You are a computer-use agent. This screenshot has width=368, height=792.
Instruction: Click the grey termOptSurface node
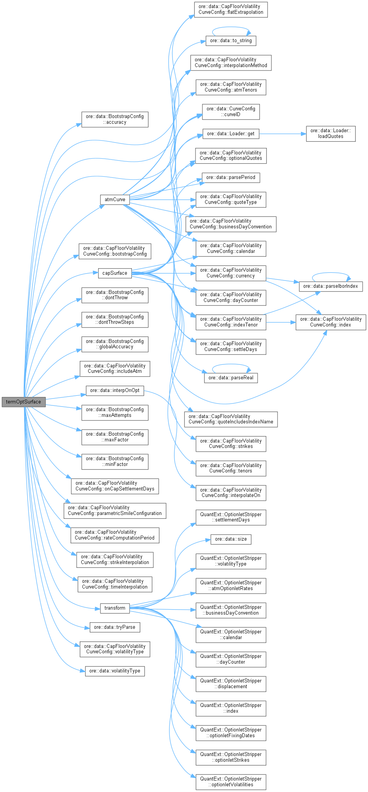pyautogui.click(x=23, y=402)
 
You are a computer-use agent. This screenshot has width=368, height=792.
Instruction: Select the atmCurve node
pyautogui.click(x=115, y=199)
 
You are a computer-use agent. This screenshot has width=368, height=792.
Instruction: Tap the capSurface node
pyautogui.click(x=115, y=273)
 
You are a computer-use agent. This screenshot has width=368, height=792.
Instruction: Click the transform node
pyautogui.click(x=115, y=608)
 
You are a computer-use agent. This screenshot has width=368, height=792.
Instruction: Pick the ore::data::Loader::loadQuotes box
pyautogui.click(x=330, y=133)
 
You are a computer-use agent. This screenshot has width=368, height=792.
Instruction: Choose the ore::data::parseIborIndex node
pyautogui.click(x=330, y=286)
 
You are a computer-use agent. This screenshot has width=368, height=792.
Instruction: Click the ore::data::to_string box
pyautogui.click(x=231, y=41)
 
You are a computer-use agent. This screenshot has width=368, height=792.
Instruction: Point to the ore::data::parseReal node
pyautogui.click(x=231, y=377)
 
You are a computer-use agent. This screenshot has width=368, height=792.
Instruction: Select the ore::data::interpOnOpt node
pyautogui.click(x=115, y=390)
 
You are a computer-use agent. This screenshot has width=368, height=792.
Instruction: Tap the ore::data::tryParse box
pyautogui.click(x=115, y=627)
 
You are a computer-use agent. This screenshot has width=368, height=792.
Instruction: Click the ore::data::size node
pyautogui.click(x=231, y=539)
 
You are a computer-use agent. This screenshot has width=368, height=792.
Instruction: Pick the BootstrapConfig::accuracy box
pyautogui.click(x=115, y=119)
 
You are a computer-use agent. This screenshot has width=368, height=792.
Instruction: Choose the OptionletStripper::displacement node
pyautogui.click(x=231, y=684)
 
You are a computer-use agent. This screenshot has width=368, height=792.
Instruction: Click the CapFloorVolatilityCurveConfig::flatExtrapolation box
pyautogui.click(x=231, y=9)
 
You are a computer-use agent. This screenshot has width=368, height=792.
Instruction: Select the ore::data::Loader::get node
pyautogui.click(x=231, y=133)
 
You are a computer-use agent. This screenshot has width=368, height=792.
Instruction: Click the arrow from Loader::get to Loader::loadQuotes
pyautogui.click(x=282, y=134)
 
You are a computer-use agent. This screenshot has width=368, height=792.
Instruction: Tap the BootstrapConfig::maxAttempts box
pyautogui.click(x=115, y=412)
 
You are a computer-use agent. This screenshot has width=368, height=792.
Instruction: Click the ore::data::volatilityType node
pyautogui.click(x=115, y=671)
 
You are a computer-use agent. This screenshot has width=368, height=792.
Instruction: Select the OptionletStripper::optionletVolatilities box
pyautogui.click(x=231, y=782)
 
